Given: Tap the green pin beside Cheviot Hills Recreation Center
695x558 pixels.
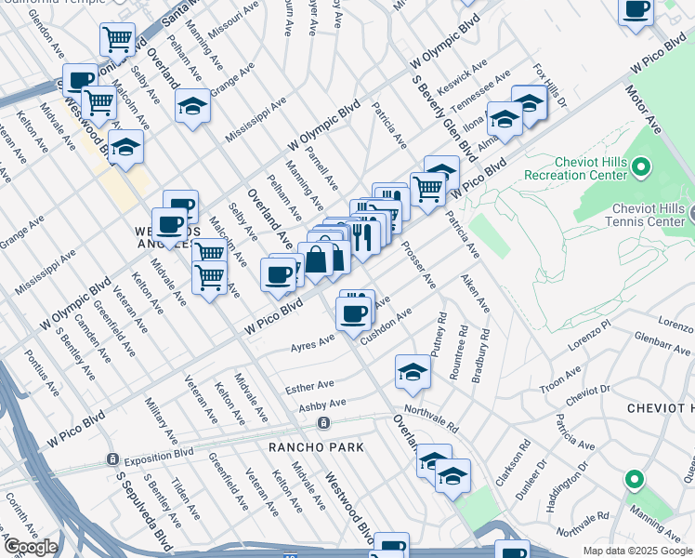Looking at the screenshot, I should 641,167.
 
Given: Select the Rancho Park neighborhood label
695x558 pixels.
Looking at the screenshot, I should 303,447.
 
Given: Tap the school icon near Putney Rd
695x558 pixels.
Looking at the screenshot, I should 413,372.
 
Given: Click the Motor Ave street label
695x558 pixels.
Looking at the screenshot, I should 642,111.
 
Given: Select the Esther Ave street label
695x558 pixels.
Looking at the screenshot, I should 311,385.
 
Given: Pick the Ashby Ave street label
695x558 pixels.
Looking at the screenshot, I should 322,404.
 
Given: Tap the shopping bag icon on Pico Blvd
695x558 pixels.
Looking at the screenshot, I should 316,259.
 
